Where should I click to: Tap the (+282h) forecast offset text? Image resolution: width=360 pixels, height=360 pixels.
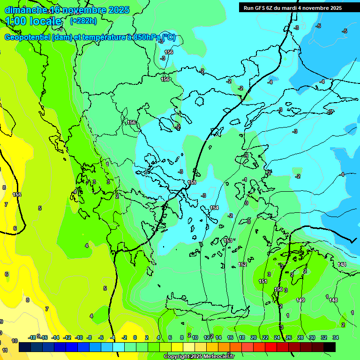tap(83, 21)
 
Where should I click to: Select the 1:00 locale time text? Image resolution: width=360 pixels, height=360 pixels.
tap(34, 21)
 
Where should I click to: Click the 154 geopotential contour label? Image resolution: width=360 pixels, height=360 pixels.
tap(214, 208)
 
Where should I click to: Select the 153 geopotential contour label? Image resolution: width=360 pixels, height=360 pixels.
tap(228, 240)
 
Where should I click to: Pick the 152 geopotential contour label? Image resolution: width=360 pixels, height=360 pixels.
tap(242, 265)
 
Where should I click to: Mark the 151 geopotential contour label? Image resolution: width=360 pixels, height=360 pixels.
tap(263, 281)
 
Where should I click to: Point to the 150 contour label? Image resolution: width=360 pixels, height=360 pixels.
tap(278, 290)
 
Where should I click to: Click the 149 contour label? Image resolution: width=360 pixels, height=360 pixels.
tap(300, 300)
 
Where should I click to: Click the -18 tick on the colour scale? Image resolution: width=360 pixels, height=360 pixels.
tap(32, 337)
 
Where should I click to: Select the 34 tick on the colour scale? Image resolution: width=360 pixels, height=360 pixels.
tap(335, 337)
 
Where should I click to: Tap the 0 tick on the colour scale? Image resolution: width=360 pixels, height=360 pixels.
tap(135, 337)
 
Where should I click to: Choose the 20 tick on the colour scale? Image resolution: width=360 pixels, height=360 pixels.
tap(253, 337)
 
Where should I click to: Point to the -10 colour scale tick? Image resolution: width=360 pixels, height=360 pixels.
tap(78, 337)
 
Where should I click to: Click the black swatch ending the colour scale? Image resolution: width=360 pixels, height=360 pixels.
tap(330, 347)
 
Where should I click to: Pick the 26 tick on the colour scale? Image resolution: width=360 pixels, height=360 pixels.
tap(288, 337)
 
